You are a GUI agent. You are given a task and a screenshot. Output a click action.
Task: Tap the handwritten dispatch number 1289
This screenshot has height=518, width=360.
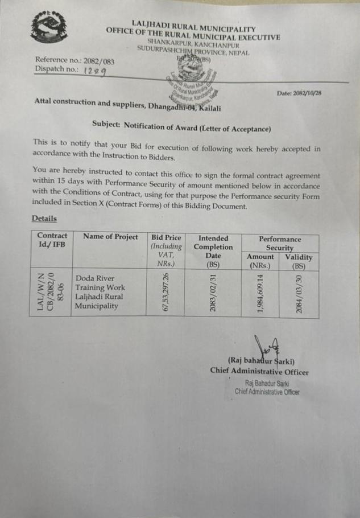tap(94, 71)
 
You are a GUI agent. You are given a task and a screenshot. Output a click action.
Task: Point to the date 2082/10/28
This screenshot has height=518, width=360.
tap(299, 93)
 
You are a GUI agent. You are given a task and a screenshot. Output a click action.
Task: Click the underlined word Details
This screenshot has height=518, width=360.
tap(44, 218)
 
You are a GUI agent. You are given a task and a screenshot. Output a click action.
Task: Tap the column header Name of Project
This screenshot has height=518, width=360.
tap(110, 237)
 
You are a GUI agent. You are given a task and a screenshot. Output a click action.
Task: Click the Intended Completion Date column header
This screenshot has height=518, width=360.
tap(213, 251)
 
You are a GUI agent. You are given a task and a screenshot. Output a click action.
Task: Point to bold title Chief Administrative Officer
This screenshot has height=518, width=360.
tap(259, 372)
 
